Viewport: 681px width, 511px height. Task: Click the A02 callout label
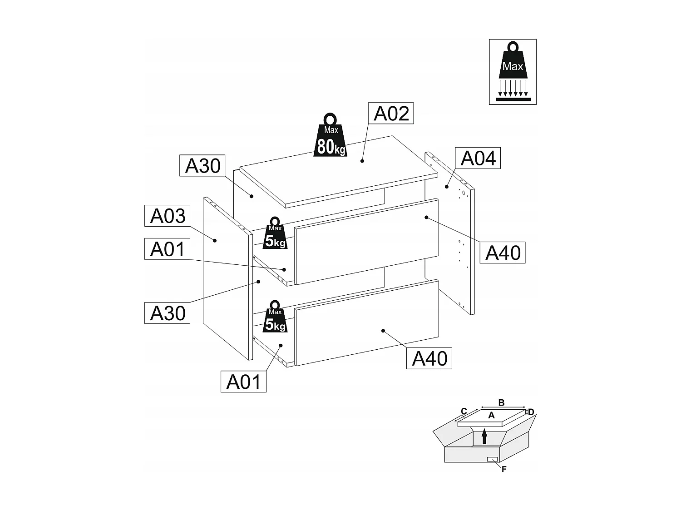[x=391, y=114]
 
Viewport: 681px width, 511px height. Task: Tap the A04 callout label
[x=478, y=158]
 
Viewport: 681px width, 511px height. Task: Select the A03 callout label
[x=168, y=216]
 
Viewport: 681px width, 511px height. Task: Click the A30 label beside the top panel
[x=202, y=166]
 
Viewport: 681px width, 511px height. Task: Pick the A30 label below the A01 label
[x=168, y=313]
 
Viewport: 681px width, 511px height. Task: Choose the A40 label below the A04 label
[x=503, y=253]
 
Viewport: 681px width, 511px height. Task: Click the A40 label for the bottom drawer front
[x=429, y=358]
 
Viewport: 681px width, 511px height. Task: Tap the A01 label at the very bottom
[x=244, y=382]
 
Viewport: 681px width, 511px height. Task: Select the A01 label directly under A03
[x=168, y=249]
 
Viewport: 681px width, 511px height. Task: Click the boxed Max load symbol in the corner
[x=513, y=72]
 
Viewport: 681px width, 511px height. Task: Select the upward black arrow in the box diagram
[x=484, y=436]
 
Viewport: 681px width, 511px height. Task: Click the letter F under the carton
[x=504, y=470]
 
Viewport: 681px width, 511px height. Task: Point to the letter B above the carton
[x=501, y=402]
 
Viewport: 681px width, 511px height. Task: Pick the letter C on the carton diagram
[x=464, y=412]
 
